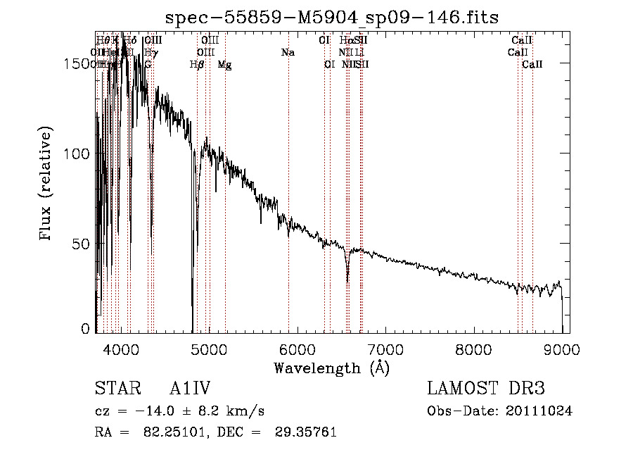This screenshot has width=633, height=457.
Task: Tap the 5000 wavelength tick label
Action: coord(209,349)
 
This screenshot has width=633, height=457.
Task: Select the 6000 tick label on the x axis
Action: coord(298,349)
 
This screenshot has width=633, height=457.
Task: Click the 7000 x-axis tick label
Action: coord(385,349)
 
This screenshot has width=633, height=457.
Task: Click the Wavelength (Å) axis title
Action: coord(331,368)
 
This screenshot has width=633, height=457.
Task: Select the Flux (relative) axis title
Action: coord(46,184)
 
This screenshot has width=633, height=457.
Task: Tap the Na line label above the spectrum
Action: coord(287,53)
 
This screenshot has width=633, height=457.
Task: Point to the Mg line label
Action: coord(225,65)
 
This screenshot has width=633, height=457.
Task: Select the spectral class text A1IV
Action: coord(191,389)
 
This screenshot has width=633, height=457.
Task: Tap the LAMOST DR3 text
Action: coord(486,389)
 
